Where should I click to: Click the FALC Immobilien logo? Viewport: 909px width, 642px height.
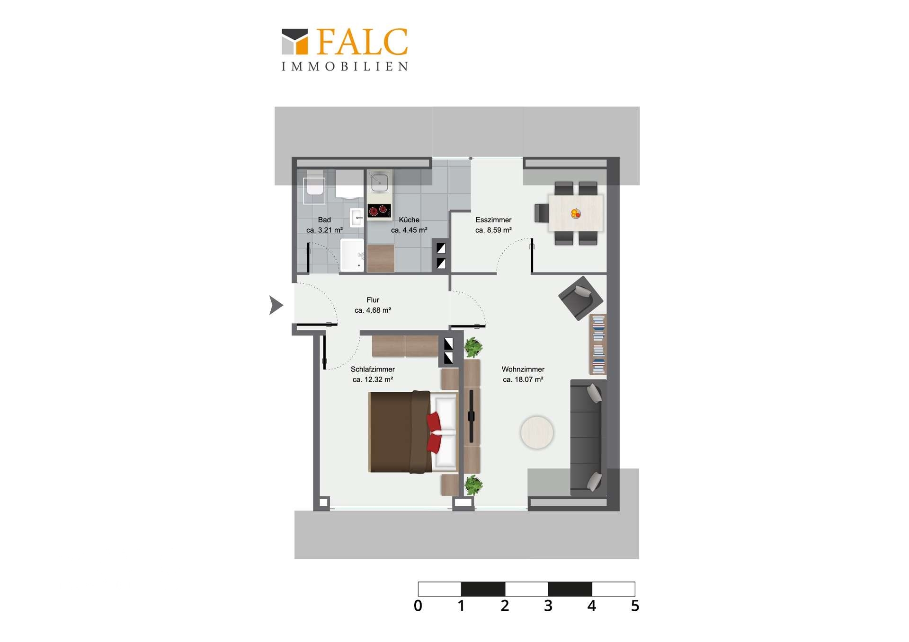345,50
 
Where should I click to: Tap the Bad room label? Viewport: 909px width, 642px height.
324,225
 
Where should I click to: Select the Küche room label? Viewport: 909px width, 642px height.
409,225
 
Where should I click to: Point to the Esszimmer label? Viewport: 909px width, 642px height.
493,225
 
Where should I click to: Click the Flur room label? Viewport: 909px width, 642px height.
373,305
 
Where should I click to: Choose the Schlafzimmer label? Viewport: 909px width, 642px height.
373,374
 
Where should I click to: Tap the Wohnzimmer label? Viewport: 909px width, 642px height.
523,374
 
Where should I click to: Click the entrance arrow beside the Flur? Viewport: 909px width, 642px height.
276,305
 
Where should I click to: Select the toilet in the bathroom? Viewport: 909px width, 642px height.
314,186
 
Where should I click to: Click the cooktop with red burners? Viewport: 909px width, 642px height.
379,210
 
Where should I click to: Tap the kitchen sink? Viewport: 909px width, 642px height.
379,182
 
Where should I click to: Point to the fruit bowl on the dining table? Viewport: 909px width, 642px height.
576,214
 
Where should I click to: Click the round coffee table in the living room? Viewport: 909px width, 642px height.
537,432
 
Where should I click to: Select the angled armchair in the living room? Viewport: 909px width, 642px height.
581,298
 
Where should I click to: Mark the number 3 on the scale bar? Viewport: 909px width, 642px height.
548,606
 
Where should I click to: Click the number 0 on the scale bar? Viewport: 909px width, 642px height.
418,606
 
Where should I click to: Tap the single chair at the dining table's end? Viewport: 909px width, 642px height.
542,213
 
